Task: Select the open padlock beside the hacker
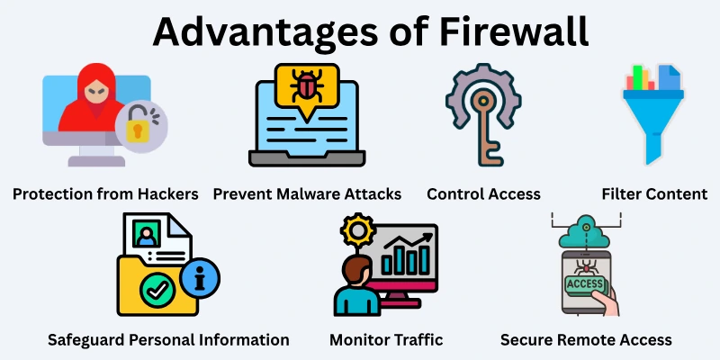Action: click(139, 127)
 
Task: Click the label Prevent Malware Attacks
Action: click(307, 193)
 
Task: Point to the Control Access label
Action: click(483, 193)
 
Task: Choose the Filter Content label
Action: click(654, 193)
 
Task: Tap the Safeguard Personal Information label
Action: click(168, 339)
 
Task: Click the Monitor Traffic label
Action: click(386, 339)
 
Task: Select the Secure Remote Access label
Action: click(586, 339)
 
